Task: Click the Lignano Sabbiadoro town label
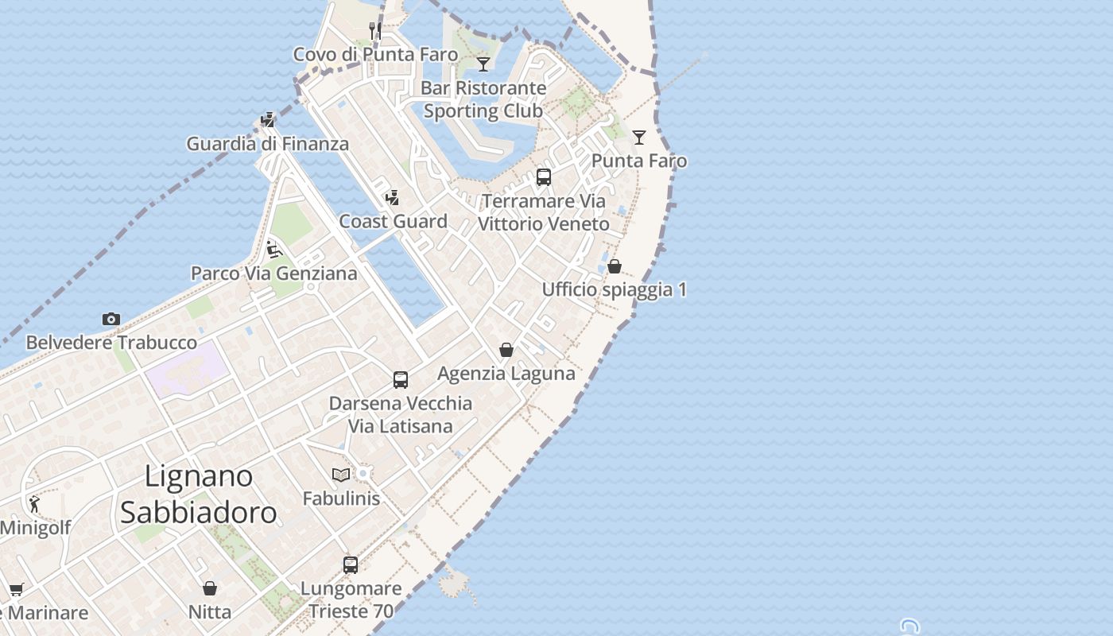pos(199,494)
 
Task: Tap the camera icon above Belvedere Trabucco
pos(111,319)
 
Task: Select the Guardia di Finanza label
pos(267,144)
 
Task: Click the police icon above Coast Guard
pos(392,197)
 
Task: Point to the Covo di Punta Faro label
pos(375,54)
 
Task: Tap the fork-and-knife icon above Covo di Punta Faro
pos(375,31)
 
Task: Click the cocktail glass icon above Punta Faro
pos(639,137)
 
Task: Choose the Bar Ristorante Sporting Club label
pos(483,99)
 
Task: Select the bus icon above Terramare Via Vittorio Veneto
pos(544,177)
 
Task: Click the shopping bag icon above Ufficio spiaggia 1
pos(615,266)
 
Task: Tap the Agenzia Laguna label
pos(506,373)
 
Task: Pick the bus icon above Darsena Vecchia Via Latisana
pos(401,380)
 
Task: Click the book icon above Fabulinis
pos(341,475)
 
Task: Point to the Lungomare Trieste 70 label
pos(351,600)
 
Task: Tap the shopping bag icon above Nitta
pos(210,588)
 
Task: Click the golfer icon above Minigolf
pos(34,504)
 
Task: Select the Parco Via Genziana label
pos(273,273)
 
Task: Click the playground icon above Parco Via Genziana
pos(273,250)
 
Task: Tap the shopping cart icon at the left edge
pos(16,589)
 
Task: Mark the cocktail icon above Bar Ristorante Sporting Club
pos(483,64)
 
